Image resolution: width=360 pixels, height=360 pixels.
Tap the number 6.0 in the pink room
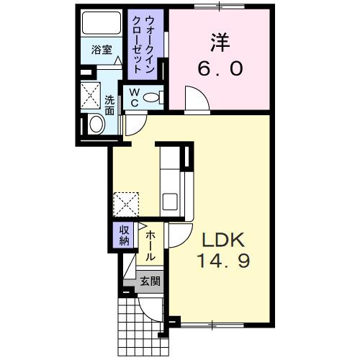pos(220,69)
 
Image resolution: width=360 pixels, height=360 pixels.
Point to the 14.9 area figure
pos(224,262)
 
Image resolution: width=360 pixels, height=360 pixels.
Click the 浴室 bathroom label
pos(100,50)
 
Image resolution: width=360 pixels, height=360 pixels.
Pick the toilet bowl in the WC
pos(152,97)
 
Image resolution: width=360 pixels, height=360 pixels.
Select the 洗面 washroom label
pos(109,106)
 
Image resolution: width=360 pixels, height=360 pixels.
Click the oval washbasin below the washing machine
pos(96,125)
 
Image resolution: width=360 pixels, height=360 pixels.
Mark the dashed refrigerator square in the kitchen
pos(127,203)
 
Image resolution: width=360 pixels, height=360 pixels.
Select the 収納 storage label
pos(124,235)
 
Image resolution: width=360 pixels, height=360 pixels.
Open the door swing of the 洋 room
pos(193,99)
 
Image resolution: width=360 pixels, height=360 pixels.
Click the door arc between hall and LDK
pos(176,235)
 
